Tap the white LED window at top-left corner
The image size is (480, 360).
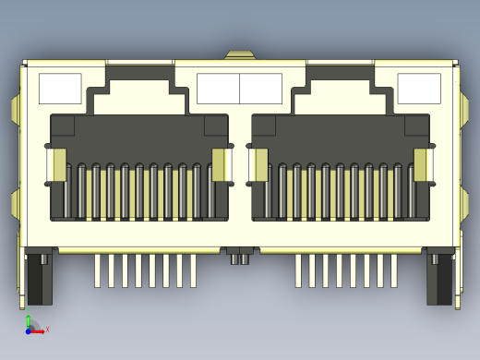coord(60,89)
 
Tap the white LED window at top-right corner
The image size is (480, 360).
coord(418,89)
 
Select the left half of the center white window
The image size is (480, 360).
coord(218,89)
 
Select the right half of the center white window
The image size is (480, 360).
coord(260,89)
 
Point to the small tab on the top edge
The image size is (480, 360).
coord(240,55)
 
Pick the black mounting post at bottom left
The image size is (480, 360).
coord(40,277)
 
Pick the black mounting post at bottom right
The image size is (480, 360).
coord(439,277)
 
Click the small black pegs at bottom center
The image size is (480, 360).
coord(240,259)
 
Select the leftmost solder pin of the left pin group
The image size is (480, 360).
coord(97,270)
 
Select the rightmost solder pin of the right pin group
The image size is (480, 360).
coord(394,270)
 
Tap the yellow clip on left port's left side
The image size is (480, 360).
coord(59,165)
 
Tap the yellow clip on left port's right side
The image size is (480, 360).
coord(219,165)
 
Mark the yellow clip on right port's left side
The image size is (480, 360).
coord(260,165)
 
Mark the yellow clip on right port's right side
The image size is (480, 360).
coord(420,165)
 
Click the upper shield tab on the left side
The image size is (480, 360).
coord(16,108)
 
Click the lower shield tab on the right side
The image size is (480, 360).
coord(464,203)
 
